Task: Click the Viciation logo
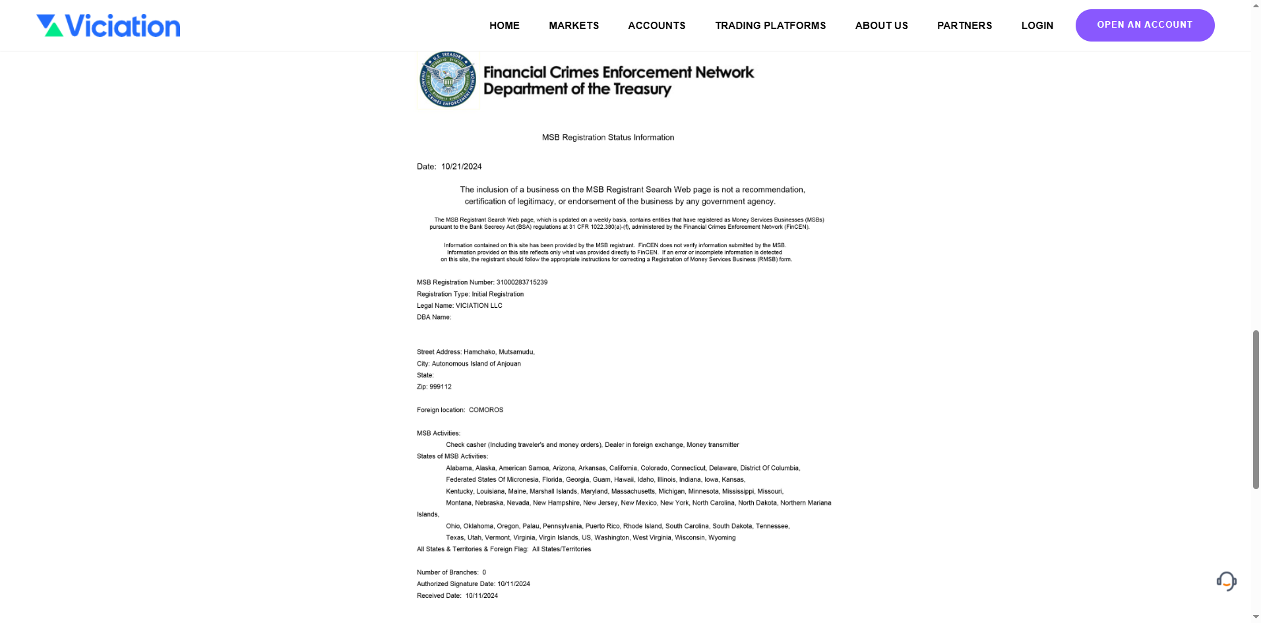click(108, 26)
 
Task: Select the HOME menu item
click(504, 26)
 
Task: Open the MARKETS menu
click(574, 26)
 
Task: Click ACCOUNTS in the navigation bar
click(656, 26)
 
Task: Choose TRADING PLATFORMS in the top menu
click(770, 26)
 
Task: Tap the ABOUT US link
click(881, 26)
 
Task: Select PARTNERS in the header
click(964, 26)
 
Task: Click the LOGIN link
click(1037, 26)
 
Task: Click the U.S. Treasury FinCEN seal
click(448, 80)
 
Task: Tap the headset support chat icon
click(1226, 581)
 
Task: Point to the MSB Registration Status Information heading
click(607, 138)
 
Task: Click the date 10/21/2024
click(461, 167)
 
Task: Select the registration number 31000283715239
click(522, 282)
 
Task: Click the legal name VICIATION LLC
click(479, 306)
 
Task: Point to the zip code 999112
click(440, 387)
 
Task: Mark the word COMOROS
click(485, 410)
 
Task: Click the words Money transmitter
click(712, 445)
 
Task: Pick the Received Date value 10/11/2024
click(481, 596)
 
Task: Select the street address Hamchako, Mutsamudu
click(499, 352)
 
